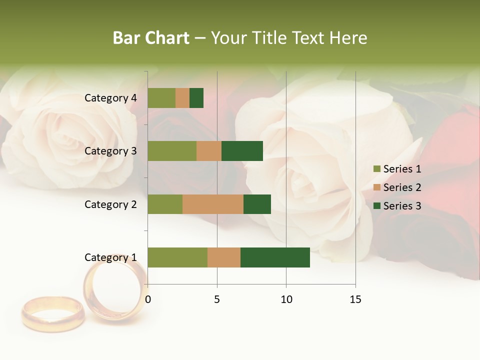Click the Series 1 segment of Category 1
[x=177, y=257]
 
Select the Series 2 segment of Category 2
[x=213, y=204]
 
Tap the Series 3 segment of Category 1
[x=275, y=257]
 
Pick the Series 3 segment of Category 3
[x=242, y=151]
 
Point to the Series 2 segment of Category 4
[x=182, y=98]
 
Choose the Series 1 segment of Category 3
[x=172, y=151]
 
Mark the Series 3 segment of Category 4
[x=196, y=98]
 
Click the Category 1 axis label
[x=110, y=257]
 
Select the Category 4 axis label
[x=110, y=98]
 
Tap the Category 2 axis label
[x=110, y=204]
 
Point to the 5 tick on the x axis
[x=217, y=299]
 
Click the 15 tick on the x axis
[x=355, y=299]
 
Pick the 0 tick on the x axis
[x=148, y=299]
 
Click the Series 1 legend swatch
[x=376, y=169]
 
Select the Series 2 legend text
[x=402, y=187]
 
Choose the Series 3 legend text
[x=402, y=206]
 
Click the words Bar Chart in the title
[x=151, y=38]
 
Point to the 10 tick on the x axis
[x=286, y=299]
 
